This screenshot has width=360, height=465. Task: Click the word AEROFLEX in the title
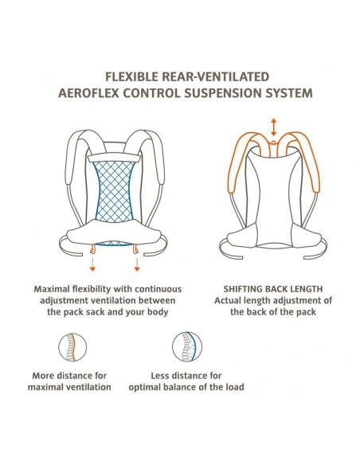point(88,93)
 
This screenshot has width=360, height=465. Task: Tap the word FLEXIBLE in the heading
point(131,76)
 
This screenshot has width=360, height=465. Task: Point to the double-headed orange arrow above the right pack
point(274,127)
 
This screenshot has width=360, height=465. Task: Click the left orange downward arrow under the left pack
point(92,264)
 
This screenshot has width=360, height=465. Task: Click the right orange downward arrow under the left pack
point(137,264)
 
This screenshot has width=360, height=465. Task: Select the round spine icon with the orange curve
point(72,347)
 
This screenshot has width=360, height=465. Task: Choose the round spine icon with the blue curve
point(187,347)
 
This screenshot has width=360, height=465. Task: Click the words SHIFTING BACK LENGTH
point(273,289)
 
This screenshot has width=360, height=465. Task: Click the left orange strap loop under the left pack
point(93,249)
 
